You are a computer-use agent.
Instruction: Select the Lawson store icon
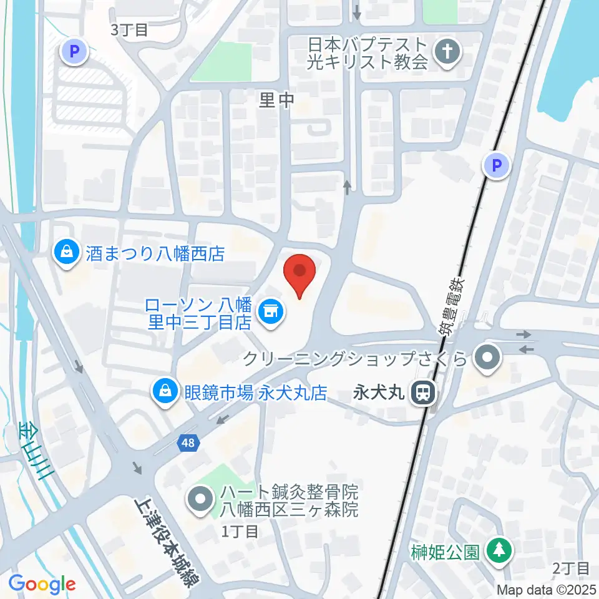pyautogui.click(x=270, y=308)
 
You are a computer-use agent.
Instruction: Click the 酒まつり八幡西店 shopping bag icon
pyautogui.click(x=65, y=252)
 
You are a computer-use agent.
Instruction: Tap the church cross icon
pyautogui.click(x=447, y=53)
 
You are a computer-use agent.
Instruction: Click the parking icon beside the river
pyautogui.click(x=74, y=52)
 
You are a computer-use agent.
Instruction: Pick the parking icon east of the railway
pyautogui.click(x=497, y=166)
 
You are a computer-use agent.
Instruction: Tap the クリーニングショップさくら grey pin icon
pyautogui.click(x=488, y=358)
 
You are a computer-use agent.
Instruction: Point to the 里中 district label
pyautogui.click(x=276, y=100)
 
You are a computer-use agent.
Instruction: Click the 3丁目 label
pyautogui.click(x=129, y=30)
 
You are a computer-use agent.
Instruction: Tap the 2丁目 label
pyautogui.click(x=571, y=568)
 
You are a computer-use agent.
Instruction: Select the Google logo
pyautogui.click(x=42, y=584)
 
